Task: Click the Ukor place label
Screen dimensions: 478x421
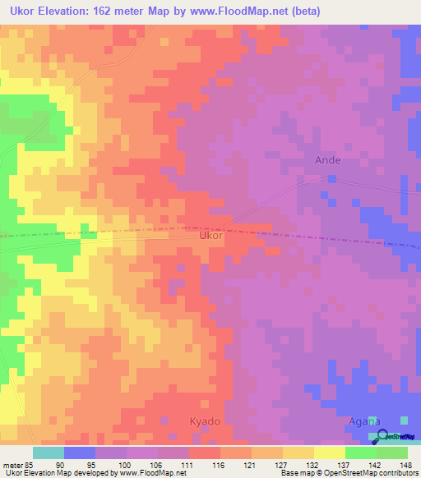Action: (x=211, y=235)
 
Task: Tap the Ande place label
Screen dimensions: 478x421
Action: (x=327, y=160)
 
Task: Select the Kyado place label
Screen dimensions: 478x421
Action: (x=206, y=420)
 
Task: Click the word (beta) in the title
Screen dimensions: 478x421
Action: (x=304, y=11)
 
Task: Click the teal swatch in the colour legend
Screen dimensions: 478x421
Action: (x=48, y=453)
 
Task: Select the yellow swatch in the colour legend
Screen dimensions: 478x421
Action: (x=329, y=453)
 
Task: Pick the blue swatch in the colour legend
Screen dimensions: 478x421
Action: (x=79, y=453)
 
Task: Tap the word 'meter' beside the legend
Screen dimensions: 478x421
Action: (x=10, y=465)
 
